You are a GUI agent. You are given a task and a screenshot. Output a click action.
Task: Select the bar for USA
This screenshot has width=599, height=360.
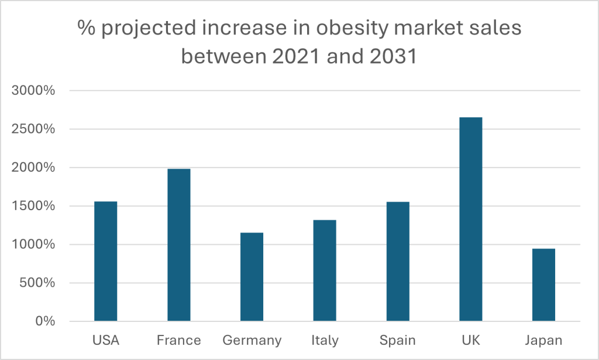pos(105,262)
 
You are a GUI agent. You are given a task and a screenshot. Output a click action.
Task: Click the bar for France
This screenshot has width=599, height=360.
pos(178,245)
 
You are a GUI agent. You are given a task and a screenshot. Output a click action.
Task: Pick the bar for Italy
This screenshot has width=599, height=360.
pos(325,270)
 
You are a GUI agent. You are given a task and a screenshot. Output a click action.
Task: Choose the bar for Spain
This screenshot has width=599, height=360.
pos(398,262)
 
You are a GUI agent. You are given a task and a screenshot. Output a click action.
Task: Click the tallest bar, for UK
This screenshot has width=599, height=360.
pos(471,220)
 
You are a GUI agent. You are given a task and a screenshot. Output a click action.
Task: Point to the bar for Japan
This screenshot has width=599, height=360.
pos(543,285)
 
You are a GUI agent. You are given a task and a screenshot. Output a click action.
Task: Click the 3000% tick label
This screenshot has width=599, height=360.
pos(33,91)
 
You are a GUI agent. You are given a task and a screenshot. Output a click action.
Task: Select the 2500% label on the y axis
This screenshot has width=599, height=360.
pos(33,129)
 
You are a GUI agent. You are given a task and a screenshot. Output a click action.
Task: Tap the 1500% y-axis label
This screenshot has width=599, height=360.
pos(33,206)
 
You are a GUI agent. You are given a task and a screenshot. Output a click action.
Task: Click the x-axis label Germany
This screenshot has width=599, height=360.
pos(252,341)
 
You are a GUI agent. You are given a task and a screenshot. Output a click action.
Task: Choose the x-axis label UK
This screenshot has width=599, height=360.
pos(471,341)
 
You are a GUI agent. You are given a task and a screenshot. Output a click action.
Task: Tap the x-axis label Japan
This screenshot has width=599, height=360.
pos(543,341)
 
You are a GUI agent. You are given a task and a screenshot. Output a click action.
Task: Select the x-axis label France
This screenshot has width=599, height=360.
pos(178,341)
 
